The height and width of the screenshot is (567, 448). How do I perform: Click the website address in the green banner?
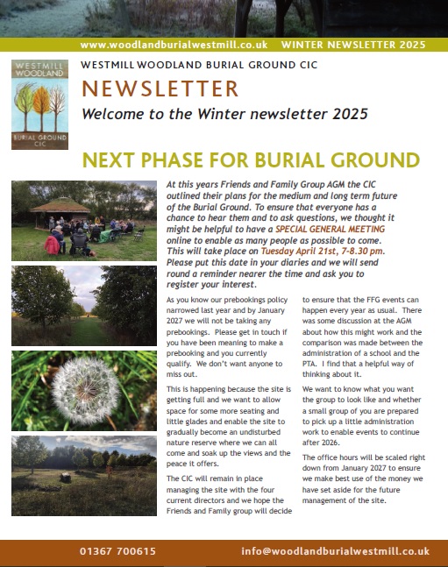pos(173,44)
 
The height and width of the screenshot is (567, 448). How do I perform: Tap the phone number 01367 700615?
pos(115,551)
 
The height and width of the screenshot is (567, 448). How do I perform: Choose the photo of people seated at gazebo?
pos(83,220)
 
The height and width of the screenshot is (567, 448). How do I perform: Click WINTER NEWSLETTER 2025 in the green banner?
pos(353,44)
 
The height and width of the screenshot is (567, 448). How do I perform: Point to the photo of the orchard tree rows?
pos(83,305)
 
